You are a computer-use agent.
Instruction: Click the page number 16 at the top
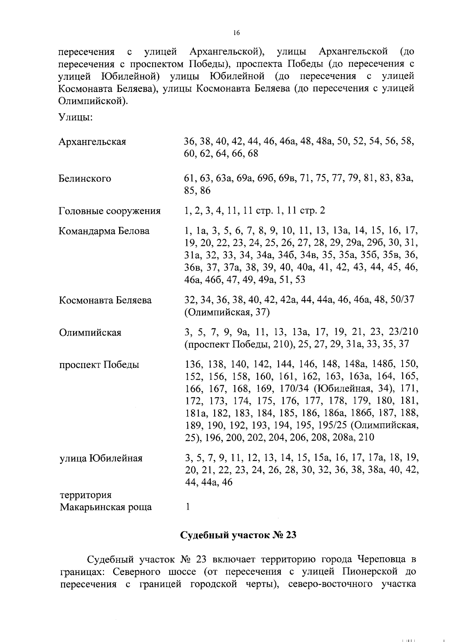[x=236, y=33]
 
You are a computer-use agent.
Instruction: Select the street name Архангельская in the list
[x=92, y=142]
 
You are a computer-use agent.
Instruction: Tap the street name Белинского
[x=85, y=179]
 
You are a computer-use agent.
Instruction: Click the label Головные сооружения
[x=109, y=211]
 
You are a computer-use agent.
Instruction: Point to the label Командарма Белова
[x=104, y=231]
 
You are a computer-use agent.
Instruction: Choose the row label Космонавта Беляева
[x=105, y=300]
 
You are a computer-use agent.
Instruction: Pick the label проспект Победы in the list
[x=99, y=365]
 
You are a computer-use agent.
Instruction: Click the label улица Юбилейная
[x=101, y=459]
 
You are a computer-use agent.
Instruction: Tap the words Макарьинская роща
[x=106, y=507]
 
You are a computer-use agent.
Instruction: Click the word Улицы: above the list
[x=76, y=118]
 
